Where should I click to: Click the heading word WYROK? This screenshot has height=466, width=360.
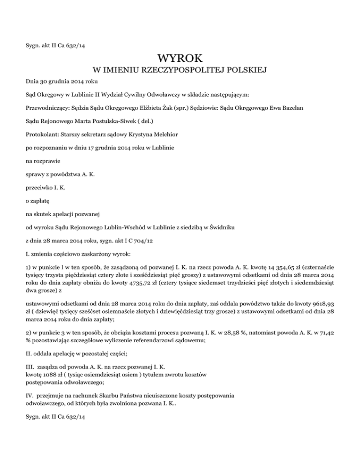coord(180,59)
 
